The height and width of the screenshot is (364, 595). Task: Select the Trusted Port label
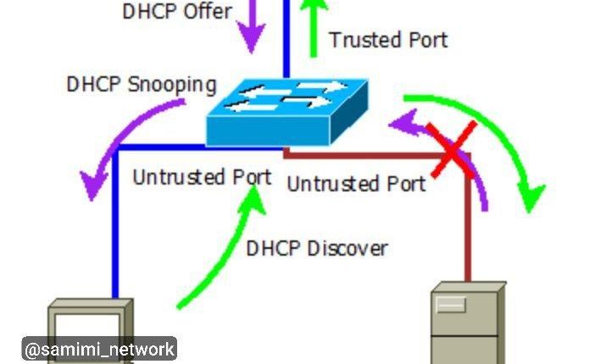pos(387,39)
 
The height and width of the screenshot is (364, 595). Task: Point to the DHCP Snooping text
pos(142,85)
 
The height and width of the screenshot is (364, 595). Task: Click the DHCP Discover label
pos(316,248)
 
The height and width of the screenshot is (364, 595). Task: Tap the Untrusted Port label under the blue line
pos(202,177)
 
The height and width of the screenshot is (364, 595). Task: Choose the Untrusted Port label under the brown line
pos(356,183)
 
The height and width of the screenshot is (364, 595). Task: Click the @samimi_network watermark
pos(99,349)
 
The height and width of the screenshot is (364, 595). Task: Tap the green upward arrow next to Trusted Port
pos(314,25)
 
